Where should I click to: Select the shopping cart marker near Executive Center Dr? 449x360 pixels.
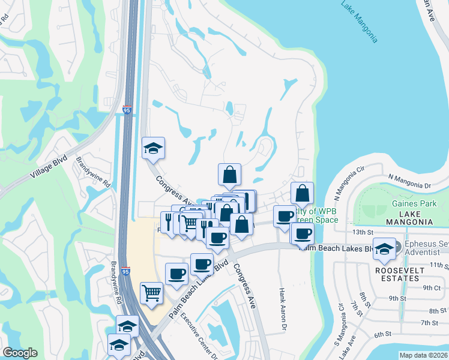152,293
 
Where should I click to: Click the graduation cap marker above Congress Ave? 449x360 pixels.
153,149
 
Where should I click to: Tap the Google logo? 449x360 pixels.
20,353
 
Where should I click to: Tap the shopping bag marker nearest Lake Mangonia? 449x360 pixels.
303,194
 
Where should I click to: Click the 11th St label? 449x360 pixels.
439,265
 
